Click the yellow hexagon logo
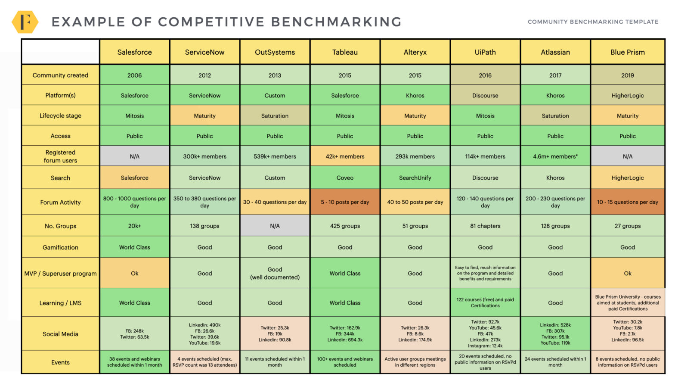pos(25,22)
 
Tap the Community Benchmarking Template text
pos(593,22)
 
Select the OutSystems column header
pos(275,52)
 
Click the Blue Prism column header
pos(627,52)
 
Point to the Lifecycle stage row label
pos(60,115)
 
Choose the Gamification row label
pos(60,247)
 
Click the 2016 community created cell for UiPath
pos(485,75)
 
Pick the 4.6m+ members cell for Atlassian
pos(555,156)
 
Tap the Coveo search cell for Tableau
pos(345,178)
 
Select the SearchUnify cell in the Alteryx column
pos(415,178)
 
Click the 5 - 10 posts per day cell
pos(345,202)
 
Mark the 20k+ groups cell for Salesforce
pos(134,226)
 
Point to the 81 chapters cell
pos(485,226)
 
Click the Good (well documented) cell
pos(275,273)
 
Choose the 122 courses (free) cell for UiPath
pos(485,302)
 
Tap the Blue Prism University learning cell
pos(627,302)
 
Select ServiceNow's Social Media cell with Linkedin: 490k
pos(204,334)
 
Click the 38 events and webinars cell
pos(134,362)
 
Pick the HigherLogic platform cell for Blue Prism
pos(627,95)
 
